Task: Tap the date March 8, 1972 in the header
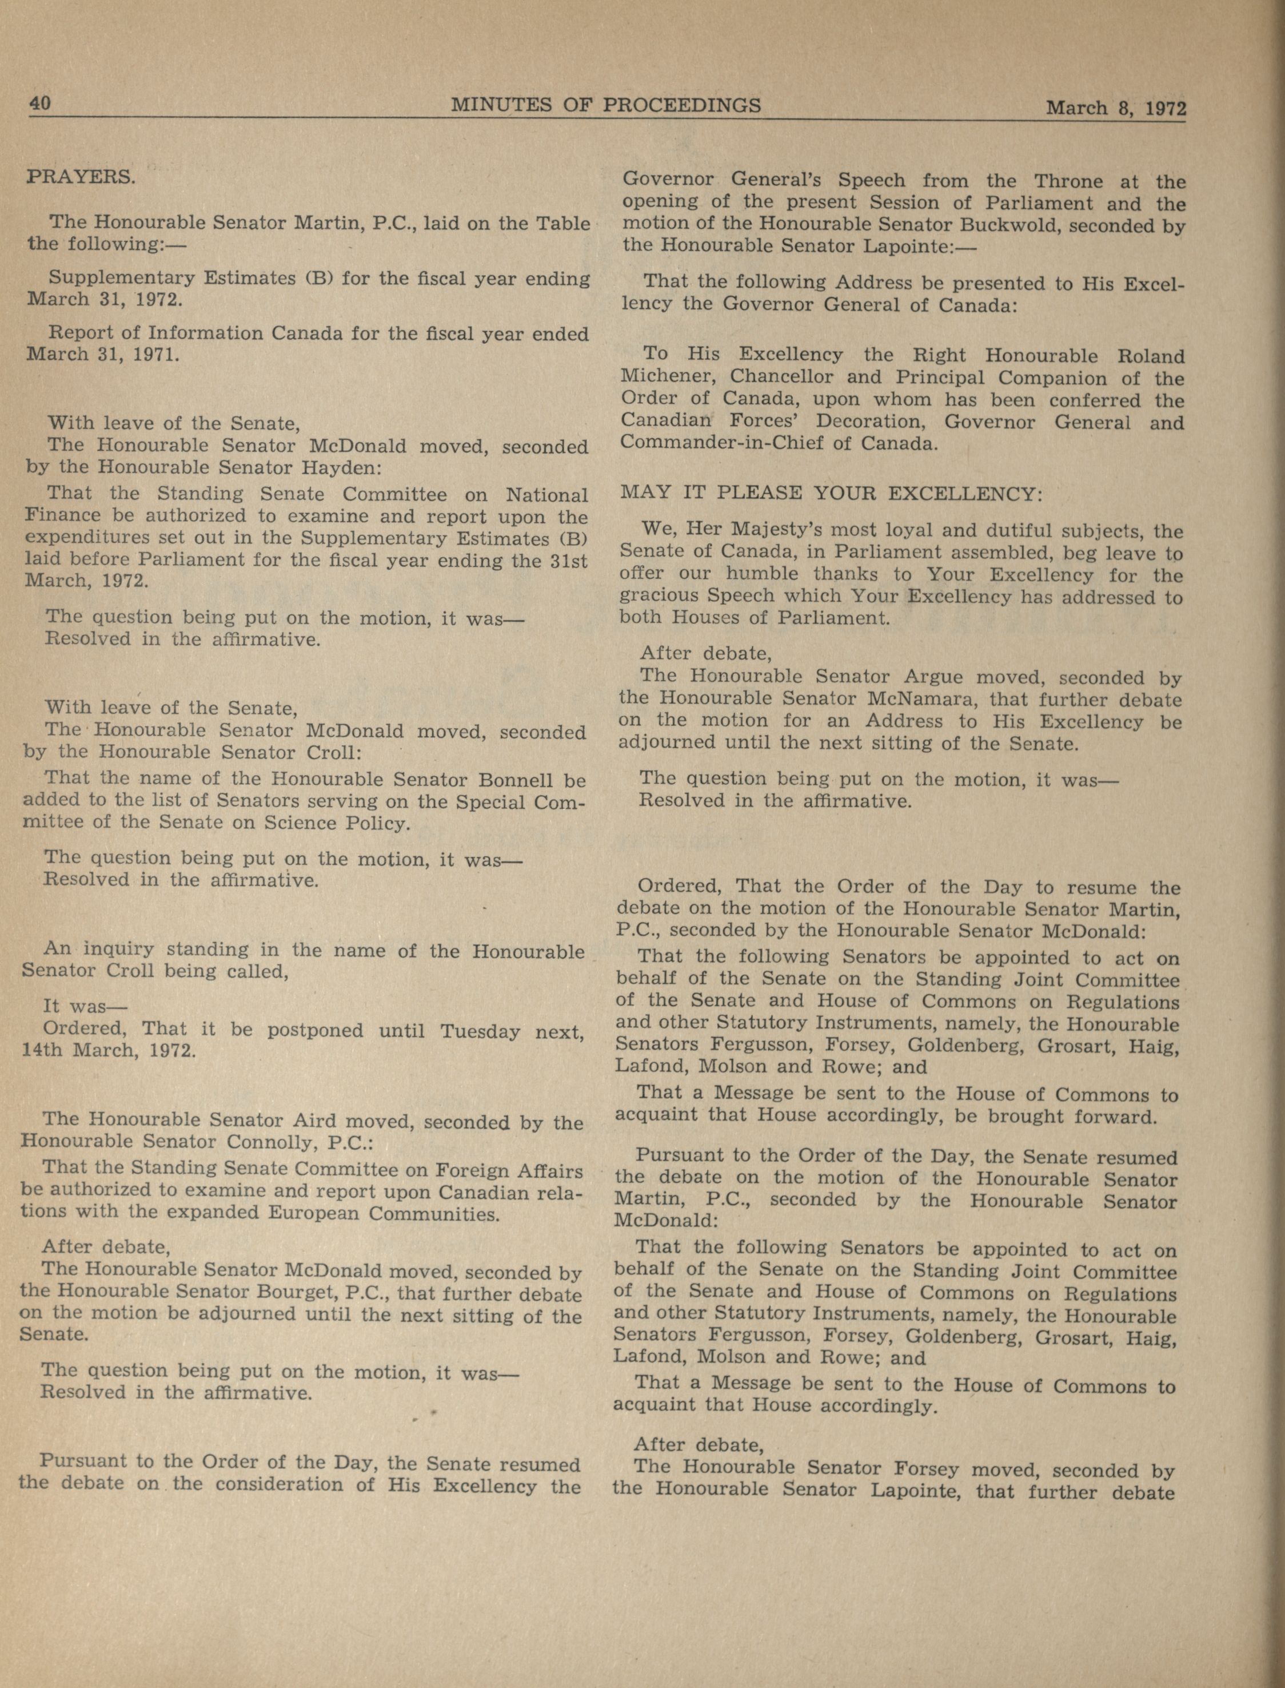(x=1115, y=108)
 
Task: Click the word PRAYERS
(x=81, y=177)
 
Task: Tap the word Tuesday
(x=480, y=1031)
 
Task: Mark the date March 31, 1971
(x=102, y=355)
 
